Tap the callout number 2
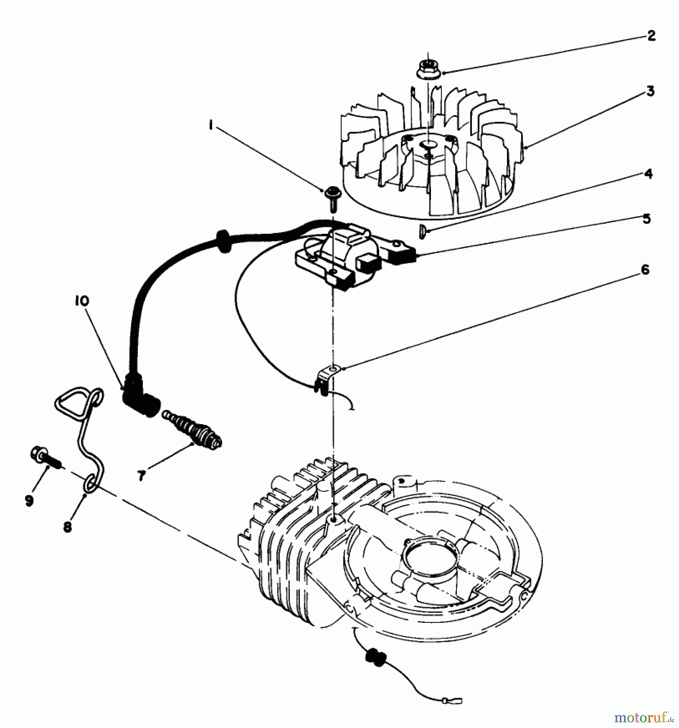coord(651,36)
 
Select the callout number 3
coord(650,91)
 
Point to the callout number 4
coord(648,174)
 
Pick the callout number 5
coord(647,219)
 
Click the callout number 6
coord(645,270)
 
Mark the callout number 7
coord(141,476)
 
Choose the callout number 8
coord(68,527)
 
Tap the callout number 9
coord(29,501)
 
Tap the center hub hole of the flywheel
coord(429,145)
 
